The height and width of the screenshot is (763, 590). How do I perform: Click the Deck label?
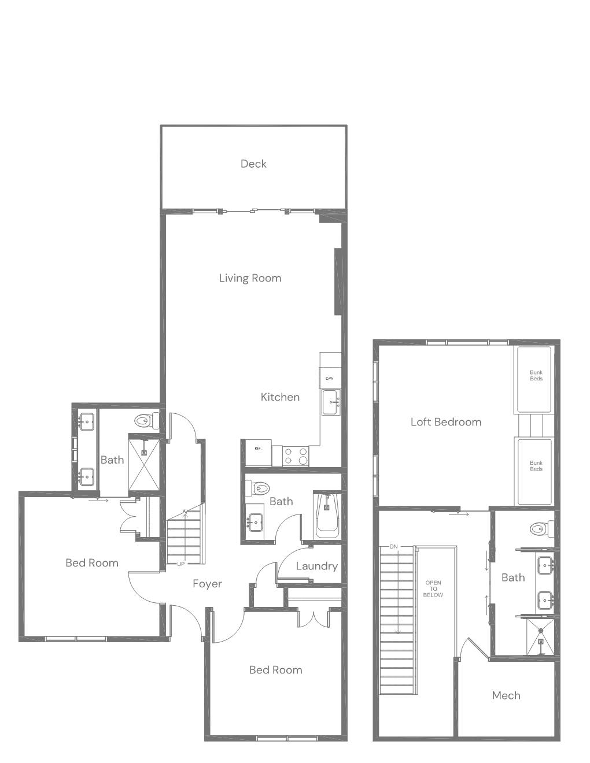(x=253, y=164)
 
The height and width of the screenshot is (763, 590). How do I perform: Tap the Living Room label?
(x=250, y=278)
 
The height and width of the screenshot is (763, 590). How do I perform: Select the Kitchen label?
(x=280, y=397)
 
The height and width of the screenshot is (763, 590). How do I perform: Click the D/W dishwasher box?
(x=330, y=378)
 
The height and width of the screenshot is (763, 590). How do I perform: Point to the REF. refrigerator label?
(x=259, y=449)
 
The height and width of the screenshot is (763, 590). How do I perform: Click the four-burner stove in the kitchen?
(x=296, y=455)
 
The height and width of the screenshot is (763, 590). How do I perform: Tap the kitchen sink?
(x=331, y=402)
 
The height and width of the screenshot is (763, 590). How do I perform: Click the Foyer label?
(x=207, y=584)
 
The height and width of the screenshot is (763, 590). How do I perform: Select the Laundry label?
(x=316, y=566)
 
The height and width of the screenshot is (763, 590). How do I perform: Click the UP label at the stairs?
(x=180, y=564)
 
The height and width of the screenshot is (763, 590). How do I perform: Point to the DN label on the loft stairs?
(x=393, y=546)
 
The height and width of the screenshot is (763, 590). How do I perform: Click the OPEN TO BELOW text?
(x=433, y=588)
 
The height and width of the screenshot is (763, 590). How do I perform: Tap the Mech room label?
(x=506, y=695)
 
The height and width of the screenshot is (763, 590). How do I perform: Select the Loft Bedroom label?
(x=446, y=422)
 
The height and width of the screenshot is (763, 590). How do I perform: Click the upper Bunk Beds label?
(x=536, y=375)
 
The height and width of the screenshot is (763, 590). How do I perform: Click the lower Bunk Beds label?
(x=536, y=466)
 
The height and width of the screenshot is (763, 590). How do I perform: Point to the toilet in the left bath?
(x=146, y=421)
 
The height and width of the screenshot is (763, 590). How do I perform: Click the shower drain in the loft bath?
(x=541, y=642)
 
